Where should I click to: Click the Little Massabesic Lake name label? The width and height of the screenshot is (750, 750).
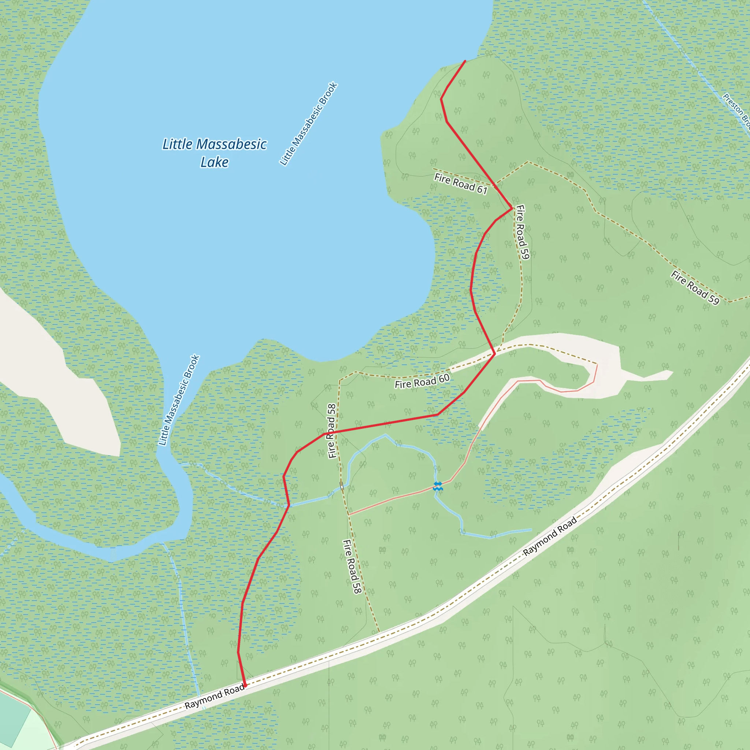(x=214, y=153)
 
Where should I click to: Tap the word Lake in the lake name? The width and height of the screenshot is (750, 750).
(x=214, y=162)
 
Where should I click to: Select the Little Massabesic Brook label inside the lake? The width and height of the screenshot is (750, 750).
(x=309, y=124)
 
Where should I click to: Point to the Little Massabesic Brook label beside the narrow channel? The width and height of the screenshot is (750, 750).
(x=179, y=400)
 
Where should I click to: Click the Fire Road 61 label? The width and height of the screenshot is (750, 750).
(x=461, y=183)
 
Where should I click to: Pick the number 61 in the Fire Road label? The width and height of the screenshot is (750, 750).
(x=482, y=189)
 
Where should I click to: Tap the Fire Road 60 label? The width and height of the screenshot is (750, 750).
(x=422, y=381)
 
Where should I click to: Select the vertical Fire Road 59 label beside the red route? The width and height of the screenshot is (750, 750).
(x=522, y=232)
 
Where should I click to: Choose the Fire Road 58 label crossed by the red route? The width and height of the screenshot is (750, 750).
(x=331, y=431)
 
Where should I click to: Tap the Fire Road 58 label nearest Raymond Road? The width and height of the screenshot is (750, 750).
(x=352, y=567)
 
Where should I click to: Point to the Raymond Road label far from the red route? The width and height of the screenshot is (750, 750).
(x=550, y=536)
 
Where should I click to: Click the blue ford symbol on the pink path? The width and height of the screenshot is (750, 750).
(x=438, y=486)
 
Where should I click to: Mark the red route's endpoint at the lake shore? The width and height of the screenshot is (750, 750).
(x=465, y=61)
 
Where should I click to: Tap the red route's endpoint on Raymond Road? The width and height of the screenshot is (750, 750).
(x=245, y=686)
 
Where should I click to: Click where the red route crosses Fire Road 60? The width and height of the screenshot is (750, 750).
(x=494, y=354)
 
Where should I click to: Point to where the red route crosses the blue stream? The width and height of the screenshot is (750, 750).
(x=289, y=505)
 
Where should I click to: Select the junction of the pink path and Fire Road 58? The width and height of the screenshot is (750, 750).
(x=349, y=515)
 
